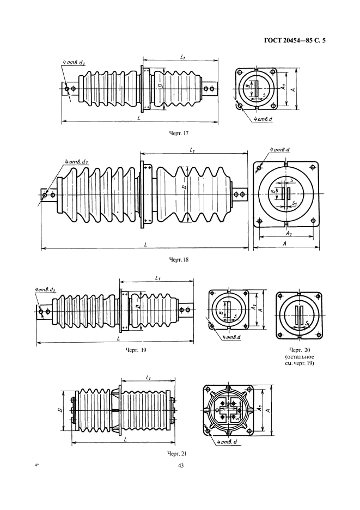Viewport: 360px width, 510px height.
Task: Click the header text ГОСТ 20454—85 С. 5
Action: pos(295,41)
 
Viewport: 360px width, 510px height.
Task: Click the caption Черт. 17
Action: pos(179,133)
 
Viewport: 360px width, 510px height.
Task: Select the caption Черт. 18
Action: pos(179,259)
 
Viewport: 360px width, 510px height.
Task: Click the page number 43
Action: pos(181,465)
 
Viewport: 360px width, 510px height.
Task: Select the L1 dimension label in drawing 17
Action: pos(183,57)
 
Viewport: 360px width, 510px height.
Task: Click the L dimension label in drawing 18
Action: pos(146,245)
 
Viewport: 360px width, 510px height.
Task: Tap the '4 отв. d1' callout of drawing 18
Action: pos(75,162)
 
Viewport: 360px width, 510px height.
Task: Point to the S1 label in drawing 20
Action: pos(307,324)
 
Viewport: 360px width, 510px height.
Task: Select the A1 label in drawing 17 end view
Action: pos(284,87)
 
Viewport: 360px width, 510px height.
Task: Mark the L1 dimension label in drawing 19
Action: pos(158,278)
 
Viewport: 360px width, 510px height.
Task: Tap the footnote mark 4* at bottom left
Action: pos(36,465)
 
